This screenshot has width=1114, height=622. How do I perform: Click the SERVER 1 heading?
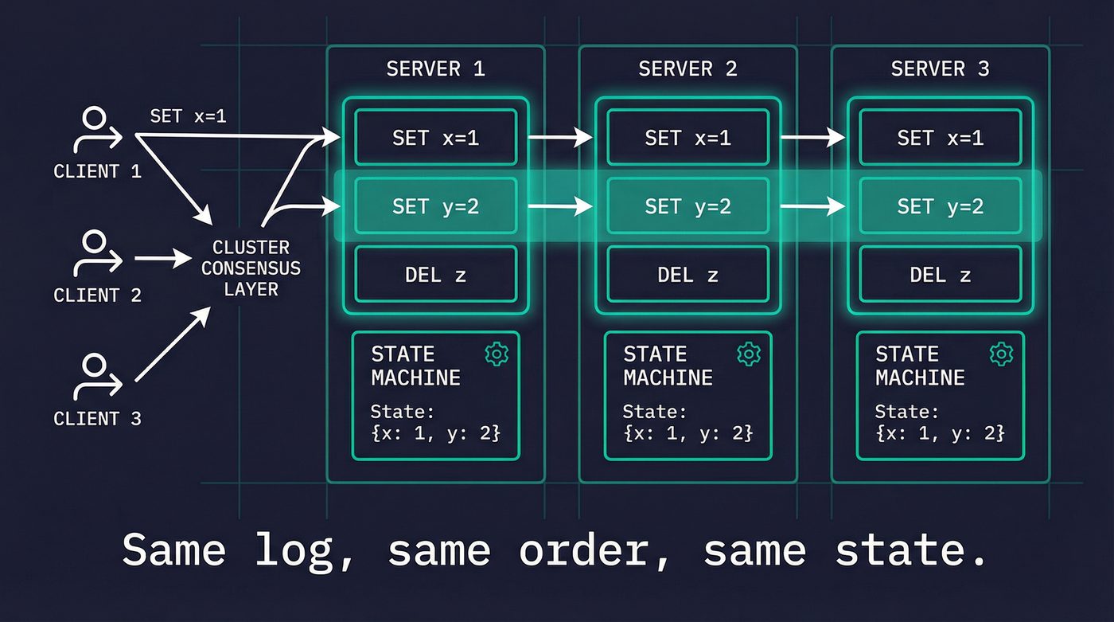[435, 69]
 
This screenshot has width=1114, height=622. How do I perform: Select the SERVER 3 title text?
[940, 69]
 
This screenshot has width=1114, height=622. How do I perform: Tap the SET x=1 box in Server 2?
[687, 138]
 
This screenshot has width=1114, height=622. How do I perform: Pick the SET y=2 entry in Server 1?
[435, 206]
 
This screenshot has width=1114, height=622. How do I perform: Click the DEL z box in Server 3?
[940, 275]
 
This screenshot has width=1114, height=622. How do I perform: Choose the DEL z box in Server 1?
[435, 275]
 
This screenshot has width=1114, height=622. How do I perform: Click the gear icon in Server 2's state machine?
[749, 354]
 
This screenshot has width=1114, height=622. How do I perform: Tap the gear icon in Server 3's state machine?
[1001, 354]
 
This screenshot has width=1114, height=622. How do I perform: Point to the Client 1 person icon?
[95, 131]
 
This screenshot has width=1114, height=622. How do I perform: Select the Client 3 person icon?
[95, 378]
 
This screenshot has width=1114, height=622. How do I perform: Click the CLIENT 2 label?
[97, 295]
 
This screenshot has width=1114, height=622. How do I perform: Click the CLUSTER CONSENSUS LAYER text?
[251, 268]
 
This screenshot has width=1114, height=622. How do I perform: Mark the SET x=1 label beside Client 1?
[188, 116]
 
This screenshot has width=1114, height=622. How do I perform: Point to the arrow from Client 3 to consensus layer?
[173, 346]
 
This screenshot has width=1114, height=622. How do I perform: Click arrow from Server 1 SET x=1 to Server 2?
[560, 138]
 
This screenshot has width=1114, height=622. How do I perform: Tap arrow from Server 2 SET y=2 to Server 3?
[812, 206]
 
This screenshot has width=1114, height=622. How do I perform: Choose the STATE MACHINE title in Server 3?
[920, 366]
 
